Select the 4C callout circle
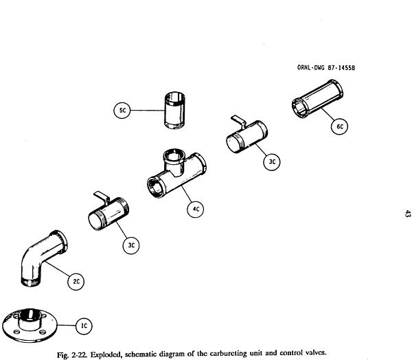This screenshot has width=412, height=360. tap(196, 210)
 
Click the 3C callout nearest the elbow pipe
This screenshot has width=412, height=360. tap(133, 244)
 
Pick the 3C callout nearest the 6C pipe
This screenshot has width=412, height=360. tap(272, 162)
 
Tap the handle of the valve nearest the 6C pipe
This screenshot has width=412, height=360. tap(236, 120)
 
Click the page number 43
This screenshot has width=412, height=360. tap(406, 216)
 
